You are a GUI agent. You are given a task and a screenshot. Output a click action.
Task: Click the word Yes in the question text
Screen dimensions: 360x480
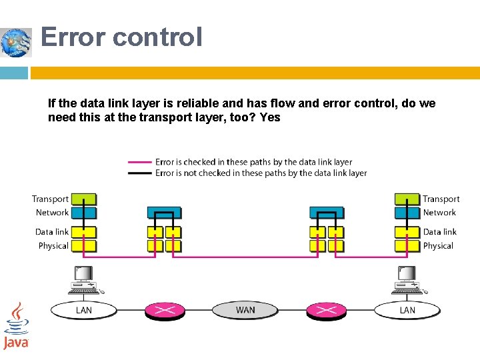point(271,118)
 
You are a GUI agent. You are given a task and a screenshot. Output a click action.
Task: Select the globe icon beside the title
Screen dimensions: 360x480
point(16,43)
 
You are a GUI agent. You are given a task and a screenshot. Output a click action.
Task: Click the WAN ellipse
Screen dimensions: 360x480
point(245,310)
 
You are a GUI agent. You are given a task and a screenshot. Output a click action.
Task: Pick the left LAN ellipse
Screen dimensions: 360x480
point(84,310)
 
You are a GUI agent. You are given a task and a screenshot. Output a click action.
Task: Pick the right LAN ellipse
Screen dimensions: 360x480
point(407,310)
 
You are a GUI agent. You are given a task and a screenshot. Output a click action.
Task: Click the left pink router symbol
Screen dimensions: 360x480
point(165,310)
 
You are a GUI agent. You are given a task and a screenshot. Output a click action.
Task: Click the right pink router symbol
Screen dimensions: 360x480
point(326,310)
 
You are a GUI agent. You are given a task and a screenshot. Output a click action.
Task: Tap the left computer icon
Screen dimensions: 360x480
point(83,280)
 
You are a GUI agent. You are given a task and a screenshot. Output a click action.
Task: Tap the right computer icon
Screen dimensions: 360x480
point(407,280)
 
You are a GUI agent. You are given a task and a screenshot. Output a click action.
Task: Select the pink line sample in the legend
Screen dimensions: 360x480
point(140,162)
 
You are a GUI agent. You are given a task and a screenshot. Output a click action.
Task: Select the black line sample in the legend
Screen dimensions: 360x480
point(140,173)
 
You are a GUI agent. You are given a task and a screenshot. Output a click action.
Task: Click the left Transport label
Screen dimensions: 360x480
point(50,199)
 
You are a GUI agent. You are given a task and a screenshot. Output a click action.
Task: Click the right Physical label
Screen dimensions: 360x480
point(438,246)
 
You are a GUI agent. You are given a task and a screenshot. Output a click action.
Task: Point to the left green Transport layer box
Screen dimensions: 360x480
point(83,199)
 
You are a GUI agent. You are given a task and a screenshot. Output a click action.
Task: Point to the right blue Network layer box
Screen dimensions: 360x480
point(407,213)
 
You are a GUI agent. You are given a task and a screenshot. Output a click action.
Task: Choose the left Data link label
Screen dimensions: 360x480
point(52,232)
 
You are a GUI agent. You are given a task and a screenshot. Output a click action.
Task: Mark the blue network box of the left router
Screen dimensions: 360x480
point(164,213)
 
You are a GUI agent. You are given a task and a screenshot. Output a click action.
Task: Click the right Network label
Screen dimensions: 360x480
point(439,213)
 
